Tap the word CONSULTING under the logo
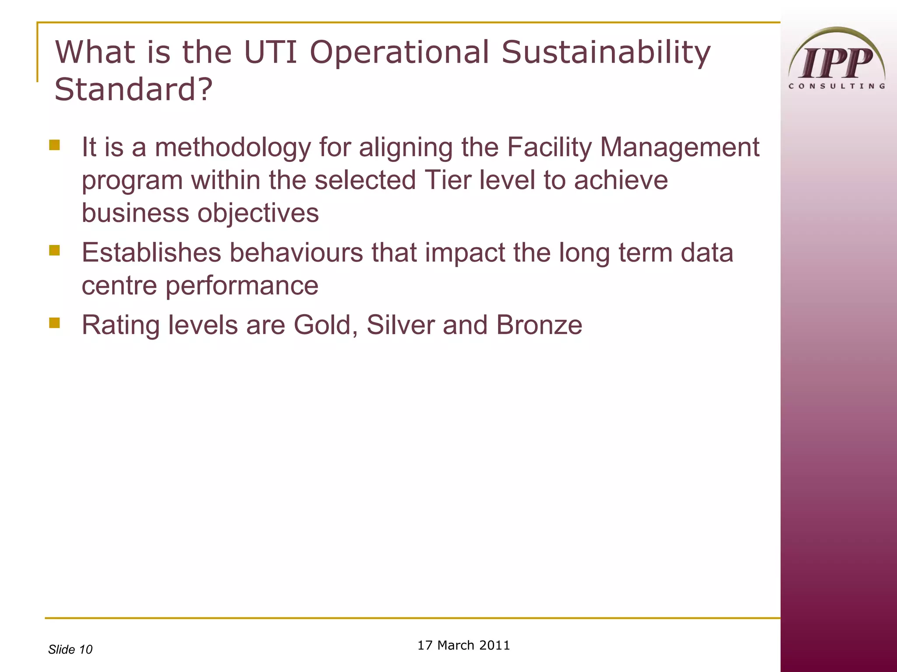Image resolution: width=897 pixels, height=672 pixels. (837, 86)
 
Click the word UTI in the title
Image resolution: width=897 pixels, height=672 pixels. (270, 52)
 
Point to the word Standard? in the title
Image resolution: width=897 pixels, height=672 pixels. (133, 89)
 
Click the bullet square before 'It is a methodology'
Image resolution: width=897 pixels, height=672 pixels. (54, 145)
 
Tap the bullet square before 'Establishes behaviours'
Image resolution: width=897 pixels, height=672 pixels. (54, 250)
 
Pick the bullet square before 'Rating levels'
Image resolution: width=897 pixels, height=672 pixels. (54, 323)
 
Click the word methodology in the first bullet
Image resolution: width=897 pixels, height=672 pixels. (233, 147)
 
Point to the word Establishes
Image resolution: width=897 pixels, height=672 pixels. (151, 253)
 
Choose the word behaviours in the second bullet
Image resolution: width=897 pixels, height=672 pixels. (296, 253)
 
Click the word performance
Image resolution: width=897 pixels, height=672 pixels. (241, 286)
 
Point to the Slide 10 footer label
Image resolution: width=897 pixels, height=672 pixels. (70, 649)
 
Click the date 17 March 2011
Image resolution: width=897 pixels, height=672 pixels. (463, 645)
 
